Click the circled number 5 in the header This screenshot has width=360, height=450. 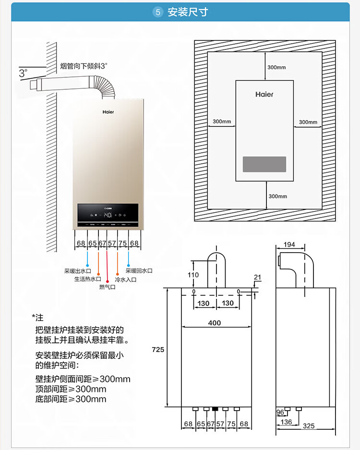[158, 12]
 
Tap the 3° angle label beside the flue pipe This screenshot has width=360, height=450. [23, 73]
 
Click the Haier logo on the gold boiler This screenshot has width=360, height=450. [108, 111]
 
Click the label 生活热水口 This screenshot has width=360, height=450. [87, 279]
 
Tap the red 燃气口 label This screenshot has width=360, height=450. [108, 287]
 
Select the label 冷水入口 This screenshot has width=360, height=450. [126, 279]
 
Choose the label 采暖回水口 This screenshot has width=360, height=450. [139, 271]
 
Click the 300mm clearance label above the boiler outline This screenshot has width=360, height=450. [276, 67]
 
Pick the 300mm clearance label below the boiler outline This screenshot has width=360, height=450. [277, 196]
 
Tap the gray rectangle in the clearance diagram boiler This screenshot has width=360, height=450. [264, 164]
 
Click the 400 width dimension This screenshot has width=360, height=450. [215, 323]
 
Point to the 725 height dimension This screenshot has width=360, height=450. [158, 350]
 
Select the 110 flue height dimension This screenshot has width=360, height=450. [193, 275]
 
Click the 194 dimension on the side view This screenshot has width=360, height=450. [289, 244]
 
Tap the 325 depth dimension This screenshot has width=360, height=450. [309, 426]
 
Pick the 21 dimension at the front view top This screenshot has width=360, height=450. [257, 278]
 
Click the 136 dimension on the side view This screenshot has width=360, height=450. [286, 422]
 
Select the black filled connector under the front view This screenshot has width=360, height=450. [215, 410]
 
